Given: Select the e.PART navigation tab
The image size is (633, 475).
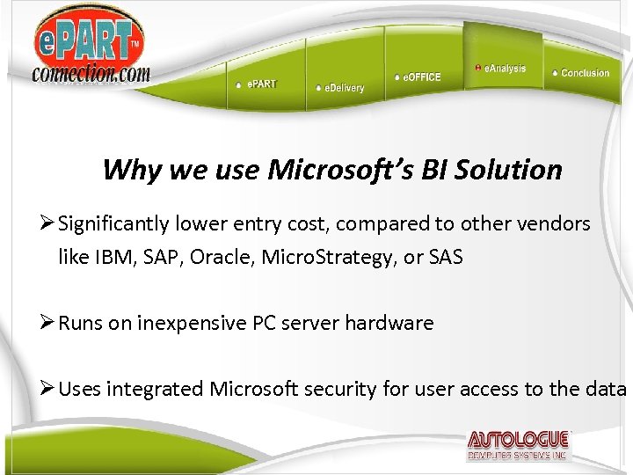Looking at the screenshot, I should [x=260, y=84].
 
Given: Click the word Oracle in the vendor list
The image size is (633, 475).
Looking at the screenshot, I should [x=224, y=259].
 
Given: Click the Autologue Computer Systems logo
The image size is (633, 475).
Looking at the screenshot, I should [x=519, y=446].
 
